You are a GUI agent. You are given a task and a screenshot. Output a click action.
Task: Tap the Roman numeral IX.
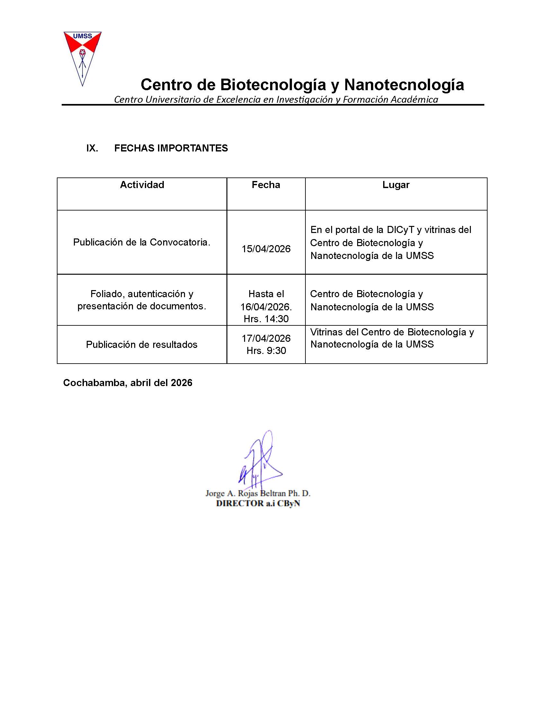[x=92, y=148]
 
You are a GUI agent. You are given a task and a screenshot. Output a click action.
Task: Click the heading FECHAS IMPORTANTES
[x=171, y=148]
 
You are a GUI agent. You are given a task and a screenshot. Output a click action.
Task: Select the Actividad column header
[x=142, y=185]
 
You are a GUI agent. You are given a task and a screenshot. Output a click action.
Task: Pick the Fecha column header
[x=266, y=185]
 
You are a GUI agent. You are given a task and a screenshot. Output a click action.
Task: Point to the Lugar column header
[x=396, y=185]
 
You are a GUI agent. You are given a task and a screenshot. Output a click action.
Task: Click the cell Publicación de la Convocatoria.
[x=142, y=242]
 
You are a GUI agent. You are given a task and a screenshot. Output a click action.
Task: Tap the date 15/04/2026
[x=266, y=249]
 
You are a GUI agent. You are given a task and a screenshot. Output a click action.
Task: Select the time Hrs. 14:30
[x=266, y=319]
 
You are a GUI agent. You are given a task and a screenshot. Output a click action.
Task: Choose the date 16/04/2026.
[x=265, y=306]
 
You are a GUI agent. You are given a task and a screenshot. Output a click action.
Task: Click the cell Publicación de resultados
[x=142, y=345]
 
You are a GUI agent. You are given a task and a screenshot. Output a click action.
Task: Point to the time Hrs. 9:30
[x=266, y=351]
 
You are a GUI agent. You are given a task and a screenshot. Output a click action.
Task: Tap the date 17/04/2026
[x=266, y=339]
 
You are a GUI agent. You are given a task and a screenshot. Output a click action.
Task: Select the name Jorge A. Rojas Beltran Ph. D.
[x=258, y=493]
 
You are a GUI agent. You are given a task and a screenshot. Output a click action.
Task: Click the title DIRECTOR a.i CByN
[x=258, y=503]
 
